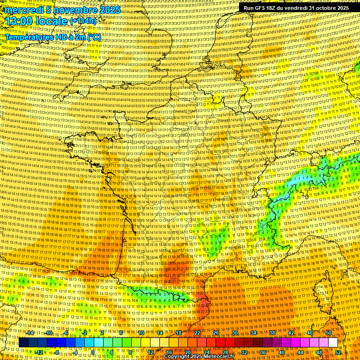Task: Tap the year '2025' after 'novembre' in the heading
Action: click(110, 10)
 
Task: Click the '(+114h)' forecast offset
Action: click(83, 21)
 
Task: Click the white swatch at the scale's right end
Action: click(333, 343)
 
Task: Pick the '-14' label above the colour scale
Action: click(30, 333)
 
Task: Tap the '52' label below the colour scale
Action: click(338, 352)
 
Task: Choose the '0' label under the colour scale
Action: click(93, 352)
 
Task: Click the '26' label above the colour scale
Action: click(216, 333)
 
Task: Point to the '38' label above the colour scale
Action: click(272, 333)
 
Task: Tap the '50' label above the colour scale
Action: click(329, 333)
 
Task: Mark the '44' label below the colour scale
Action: click(300, 352)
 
